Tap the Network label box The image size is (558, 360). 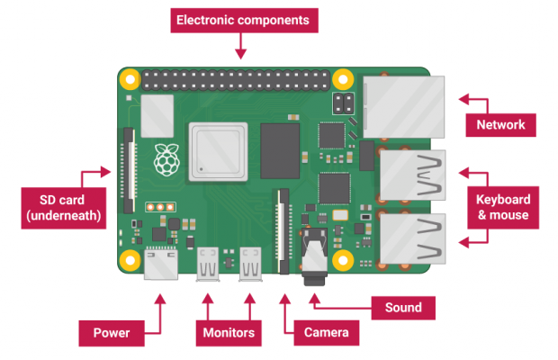click(500, 124)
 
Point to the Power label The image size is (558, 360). click(112, 333)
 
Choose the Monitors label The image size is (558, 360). click(229, 333)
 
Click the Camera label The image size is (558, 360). click(326, 333)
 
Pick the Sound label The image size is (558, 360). click(404, 308)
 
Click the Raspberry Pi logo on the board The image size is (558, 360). click(165, 159)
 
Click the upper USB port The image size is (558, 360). click(412, 175)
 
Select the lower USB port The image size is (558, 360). click(412, 238)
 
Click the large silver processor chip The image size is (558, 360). click(217, 151)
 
